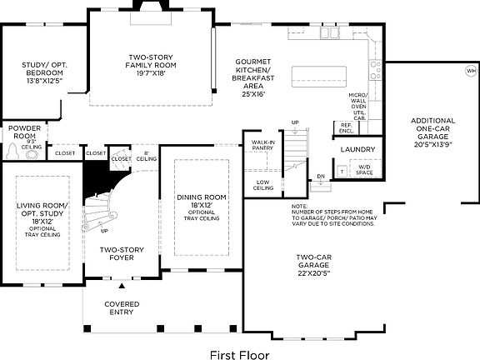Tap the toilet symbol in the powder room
14,152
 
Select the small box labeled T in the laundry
342,171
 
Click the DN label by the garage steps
321,177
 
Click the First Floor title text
239,352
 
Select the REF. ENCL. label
346,128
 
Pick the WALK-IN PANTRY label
263,147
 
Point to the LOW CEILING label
262,184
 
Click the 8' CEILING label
146,155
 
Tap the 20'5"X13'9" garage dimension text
432,144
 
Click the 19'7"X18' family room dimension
150,72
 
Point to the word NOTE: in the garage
299,205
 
